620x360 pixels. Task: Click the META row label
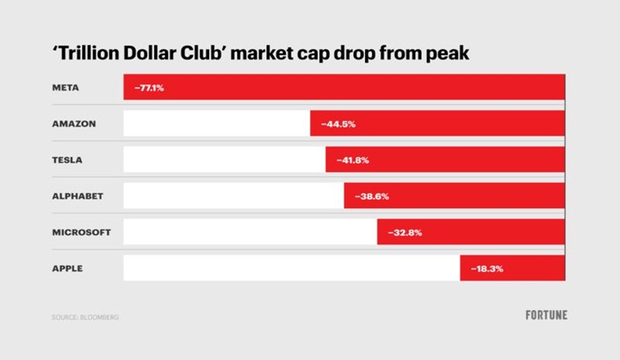(65, 88)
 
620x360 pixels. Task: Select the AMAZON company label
(73, 124)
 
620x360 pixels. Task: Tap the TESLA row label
(68, 160)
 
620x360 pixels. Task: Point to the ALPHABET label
(77, 196)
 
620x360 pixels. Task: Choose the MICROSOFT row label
(81, 233)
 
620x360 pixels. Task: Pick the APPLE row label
(67, 269)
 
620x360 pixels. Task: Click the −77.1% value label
(148, 88)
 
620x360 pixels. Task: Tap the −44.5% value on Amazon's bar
(338, 124)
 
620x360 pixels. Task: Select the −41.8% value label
(352, 160)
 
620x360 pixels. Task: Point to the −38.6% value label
(372, 196)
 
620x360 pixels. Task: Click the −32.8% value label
(404, 233)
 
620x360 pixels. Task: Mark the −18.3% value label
(487, 269)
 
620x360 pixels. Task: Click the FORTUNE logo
(546, 315)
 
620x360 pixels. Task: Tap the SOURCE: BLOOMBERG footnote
(84, 317)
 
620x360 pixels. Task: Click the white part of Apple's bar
(291, 269)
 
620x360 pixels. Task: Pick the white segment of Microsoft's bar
(250, 233)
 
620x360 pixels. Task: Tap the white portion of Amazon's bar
(216, 124)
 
